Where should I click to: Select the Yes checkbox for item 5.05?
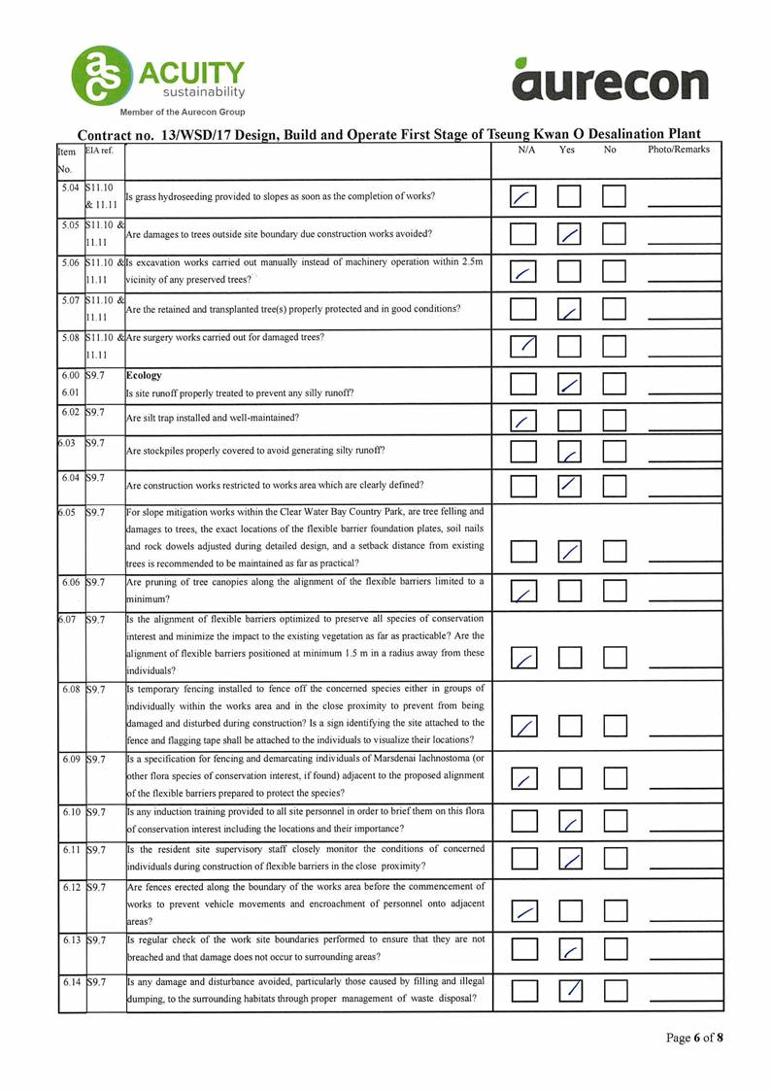point(570,234)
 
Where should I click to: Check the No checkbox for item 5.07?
point(615,309)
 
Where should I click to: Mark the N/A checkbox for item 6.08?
point(524,727)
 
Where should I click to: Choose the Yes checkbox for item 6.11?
point(570,857)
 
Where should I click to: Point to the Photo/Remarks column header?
point(678,150)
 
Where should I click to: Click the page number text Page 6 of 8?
point(694,1038)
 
